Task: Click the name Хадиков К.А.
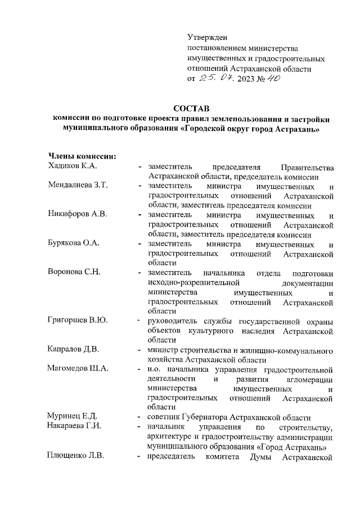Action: (73, 166)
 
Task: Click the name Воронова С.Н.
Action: (74, 273)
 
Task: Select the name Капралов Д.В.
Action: (74, 350)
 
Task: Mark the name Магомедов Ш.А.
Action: (79, 369)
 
